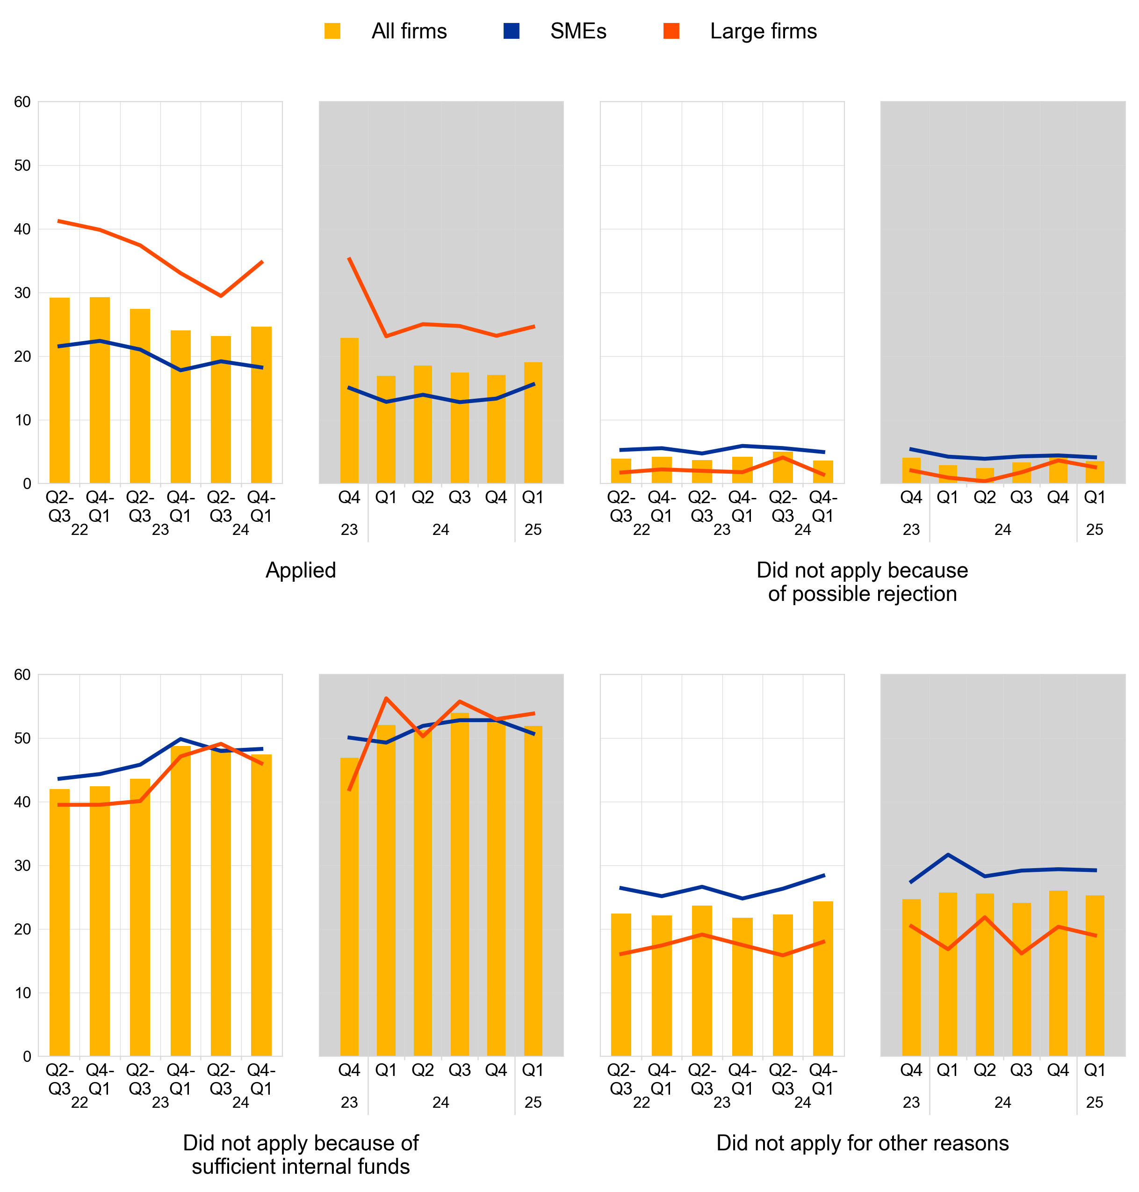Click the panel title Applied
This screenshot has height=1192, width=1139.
click(301, 570)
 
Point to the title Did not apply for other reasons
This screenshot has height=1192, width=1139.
click(862, 1143)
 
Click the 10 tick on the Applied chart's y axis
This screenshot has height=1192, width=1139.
click(22, 420)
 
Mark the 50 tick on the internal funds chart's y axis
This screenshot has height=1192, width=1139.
click(22, 738)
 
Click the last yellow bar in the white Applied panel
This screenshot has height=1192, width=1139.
click(261, 405)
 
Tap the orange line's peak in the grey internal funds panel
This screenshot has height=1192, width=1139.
click(386, 698)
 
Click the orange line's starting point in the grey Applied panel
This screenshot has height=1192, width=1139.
click(349, 258)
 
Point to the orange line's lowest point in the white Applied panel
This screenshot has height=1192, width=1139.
click(221, 296)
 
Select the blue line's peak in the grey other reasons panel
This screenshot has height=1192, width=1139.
click(948, 855)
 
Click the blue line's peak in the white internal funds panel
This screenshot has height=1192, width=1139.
click(180, 739)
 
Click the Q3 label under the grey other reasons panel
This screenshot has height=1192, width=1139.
click(1021, 1070)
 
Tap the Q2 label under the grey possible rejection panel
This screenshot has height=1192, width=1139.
click(984, 497)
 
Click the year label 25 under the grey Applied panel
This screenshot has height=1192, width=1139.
click(533, 530)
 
